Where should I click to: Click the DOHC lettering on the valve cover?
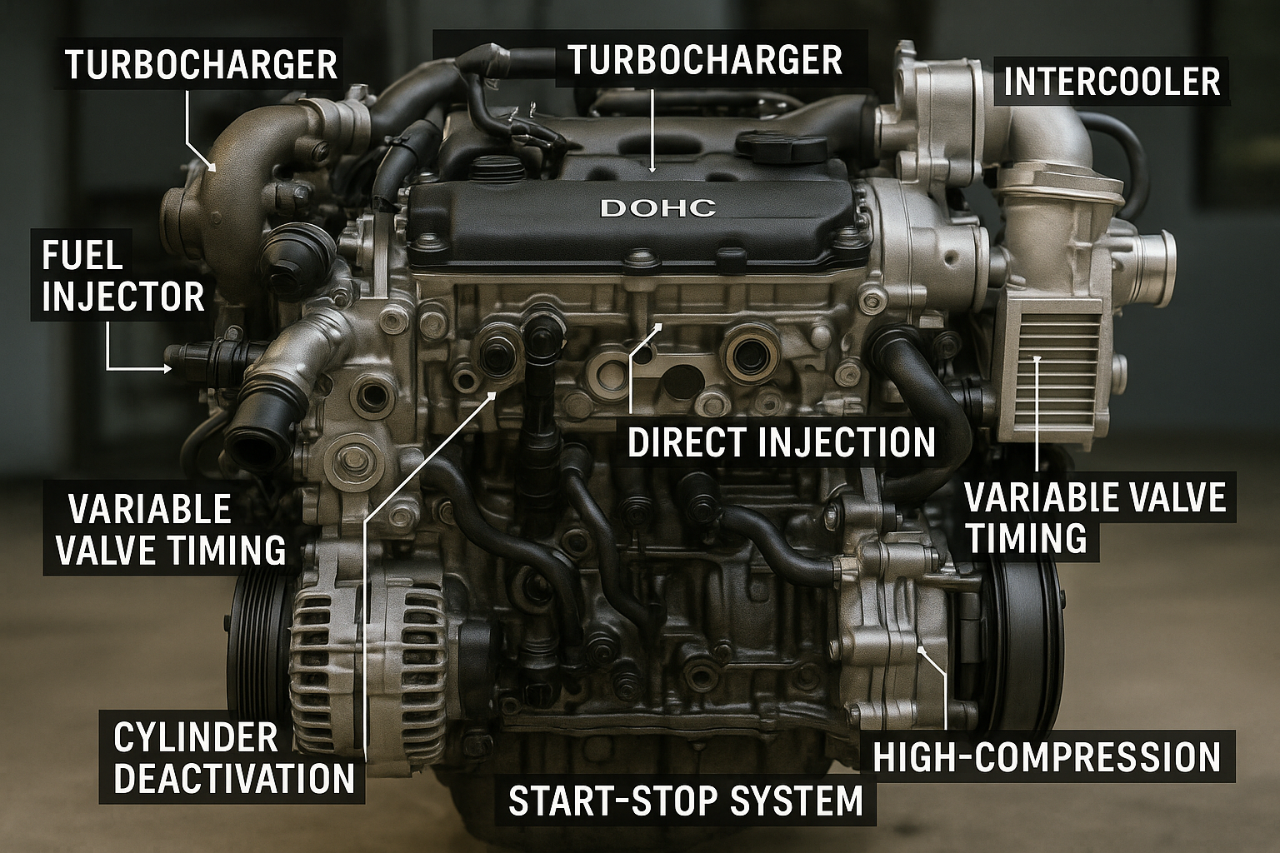(657, 207)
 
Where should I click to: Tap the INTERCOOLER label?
(1112, 82)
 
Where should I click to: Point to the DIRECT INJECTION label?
(782, 441)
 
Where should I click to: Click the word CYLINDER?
(196, 737)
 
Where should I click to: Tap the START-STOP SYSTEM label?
(685, 801)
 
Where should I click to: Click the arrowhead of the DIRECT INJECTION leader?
(659, 327)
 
